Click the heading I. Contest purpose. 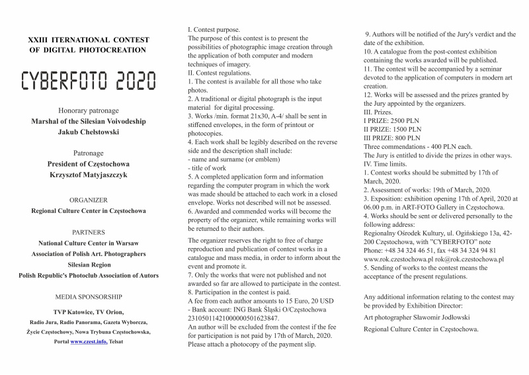[214, 30]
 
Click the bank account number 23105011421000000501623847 [233, 318]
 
